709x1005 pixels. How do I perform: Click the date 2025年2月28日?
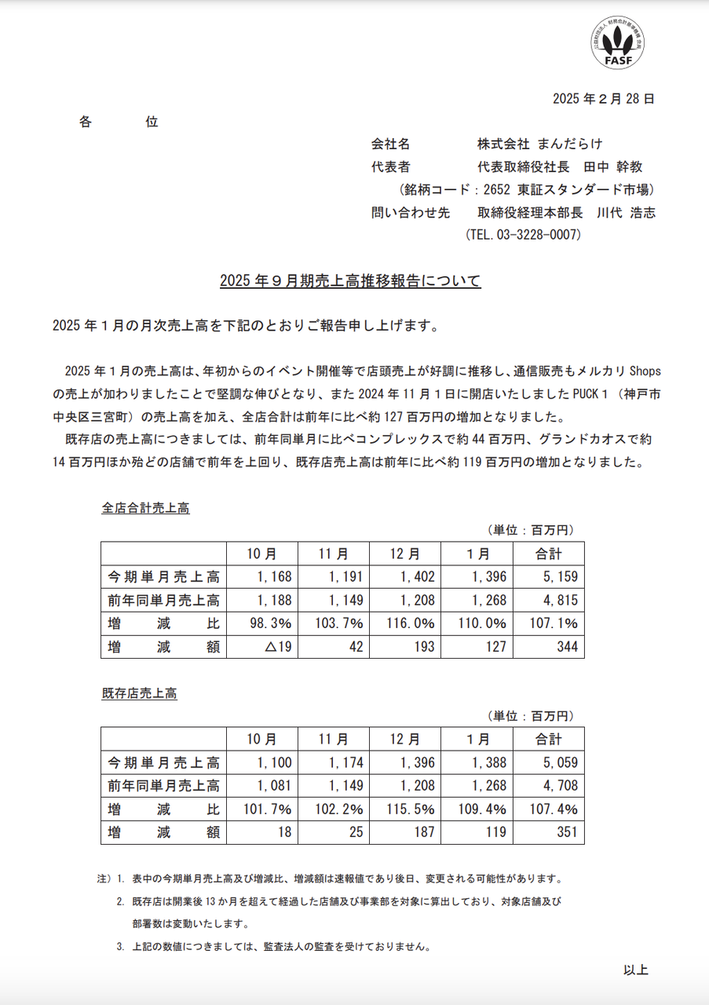(603, 99)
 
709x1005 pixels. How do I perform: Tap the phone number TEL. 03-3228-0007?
(523, 235)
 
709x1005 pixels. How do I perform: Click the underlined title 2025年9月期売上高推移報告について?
(350, 281)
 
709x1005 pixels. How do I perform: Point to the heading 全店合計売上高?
(146, 508)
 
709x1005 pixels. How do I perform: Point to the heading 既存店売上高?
(140, 694)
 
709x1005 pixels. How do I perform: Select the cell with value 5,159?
(549, 577)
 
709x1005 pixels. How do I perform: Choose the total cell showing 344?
(549, 647)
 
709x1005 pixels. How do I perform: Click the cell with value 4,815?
(549, 601)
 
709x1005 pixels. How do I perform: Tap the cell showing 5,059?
(549, 762)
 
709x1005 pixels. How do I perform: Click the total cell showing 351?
(549, 833)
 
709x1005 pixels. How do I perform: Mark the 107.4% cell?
(549, 809)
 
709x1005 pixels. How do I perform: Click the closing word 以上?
(636, 970)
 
